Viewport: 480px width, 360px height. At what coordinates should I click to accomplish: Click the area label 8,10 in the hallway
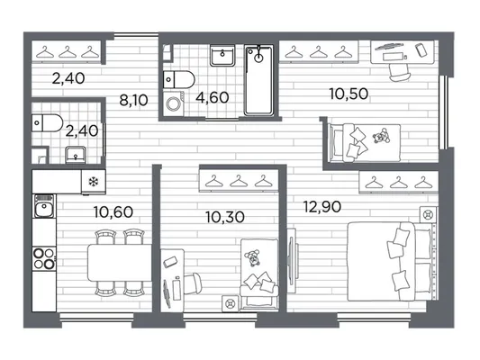point(133,100)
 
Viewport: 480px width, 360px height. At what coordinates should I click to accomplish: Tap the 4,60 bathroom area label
point(213,97)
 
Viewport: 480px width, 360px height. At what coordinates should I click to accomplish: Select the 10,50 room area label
point(349,94)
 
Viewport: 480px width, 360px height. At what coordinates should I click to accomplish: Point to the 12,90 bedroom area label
point(322,207)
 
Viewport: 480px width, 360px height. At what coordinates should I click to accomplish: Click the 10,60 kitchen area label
point(113,212)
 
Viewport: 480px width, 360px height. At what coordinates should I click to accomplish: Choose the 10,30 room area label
point(225,217)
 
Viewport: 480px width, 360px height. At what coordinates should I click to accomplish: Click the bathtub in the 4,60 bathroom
point(258,80)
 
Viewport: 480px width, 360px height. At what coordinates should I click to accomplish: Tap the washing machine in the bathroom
point(174,103)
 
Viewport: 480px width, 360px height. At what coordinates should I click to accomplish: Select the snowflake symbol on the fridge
point(93,183)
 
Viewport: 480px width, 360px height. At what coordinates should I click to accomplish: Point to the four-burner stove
point(44,259)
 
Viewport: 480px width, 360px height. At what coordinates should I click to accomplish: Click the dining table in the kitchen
point(120,263)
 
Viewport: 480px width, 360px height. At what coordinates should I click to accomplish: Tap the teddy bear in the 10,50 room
point(381,137)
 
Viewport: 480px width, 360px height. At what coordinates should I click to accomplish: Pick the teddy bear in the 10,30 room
point(253,257)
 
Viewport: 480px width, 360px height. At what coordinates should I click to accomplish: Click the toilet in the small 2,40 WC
point(48,123)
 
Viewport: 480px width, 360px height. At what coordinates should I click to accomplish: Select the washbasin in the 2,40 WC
point(76,155)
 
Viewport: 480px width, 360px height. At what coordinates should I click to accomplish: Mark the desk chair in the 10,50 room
point(400,73)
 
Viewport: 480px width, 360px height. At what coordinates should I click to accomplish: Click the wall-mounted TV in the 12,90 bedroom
point(292,261)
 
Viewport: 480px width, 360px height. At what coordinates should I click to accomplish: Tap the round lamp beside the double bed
point(428,215)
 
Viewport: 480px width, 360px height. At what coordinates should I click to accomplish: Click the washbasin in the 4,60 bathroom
point(222,56)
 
